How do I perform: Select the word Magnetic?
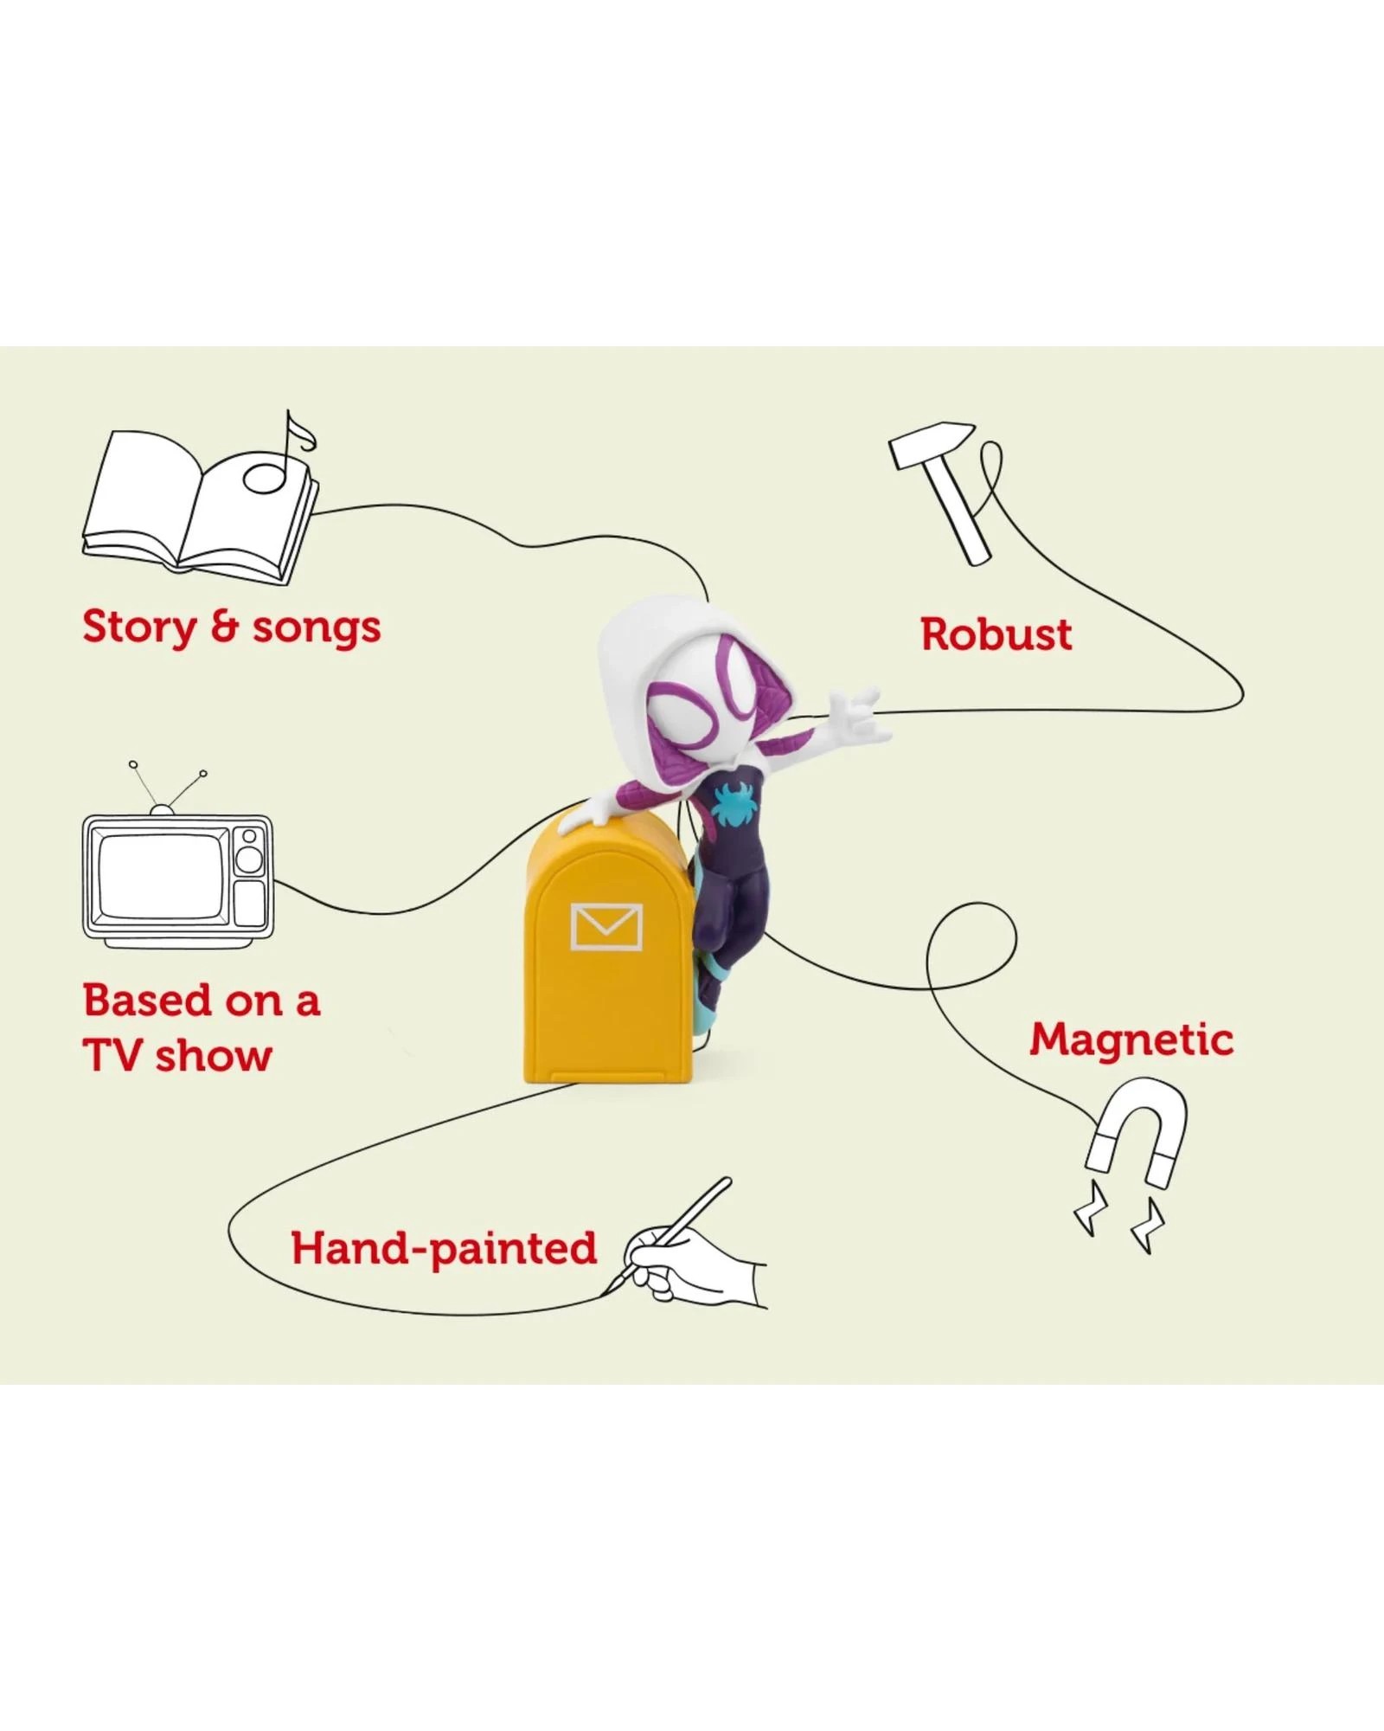coord(1131,1039)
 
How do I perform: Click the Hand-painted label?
coord(444,1248)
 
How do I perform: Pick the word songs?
coord(317,628)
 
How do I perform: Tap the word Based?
coord(147,1001)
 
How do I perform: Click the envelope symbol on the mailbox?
coord(606,926)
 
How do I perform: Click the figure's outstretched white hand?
coord(861,715)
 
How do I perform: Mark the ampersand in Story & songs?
coord(224,627)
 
